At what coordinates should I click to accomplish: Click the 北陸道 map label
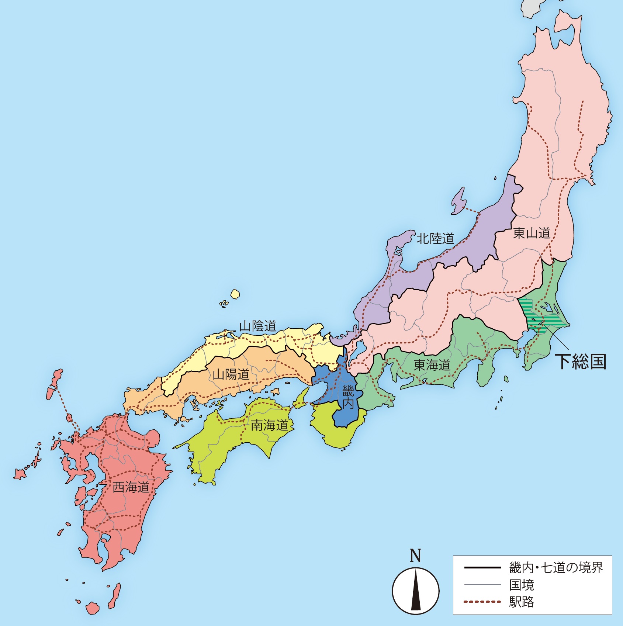point(435,239)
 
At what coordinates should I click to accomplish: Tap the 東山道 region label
point(532,233)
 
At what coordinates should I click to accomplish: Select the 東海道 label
point(432,365)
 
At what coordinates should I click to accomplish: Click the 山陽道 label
point(231,374)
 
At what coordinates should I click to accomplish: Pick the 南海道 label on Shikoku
point(269,426)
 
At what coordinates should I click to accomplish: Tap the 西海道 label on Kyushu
point(131,487)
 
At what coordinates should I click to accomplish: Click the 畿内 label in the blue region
point(348,397)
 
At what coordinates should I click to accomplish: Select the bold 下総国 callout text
point(581,362)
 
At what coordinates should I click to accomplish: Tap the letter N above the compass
point(415,556)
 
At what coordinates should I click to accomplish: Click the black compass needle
point(416,590)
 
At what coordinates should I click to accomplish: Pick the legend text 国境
point(521,585)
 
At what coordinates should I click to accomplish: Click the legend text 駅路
point(521,602)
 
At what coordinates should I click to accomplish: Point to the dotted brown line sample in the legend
point(482,602)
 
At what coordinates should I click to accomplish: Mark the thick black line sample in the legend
point(482,568)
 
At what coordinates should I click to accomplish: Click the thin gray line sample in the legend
point(482,585)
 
